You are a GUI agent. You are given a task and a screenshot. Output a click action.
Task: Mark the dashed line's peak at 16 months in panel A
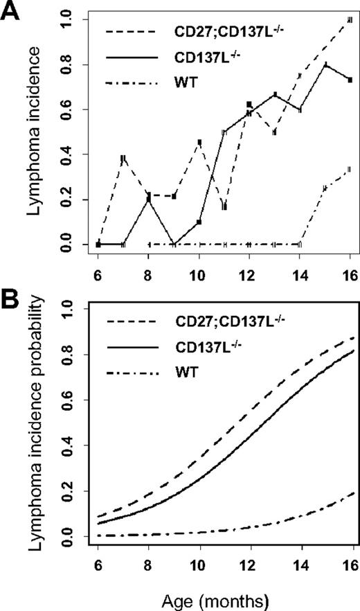[350, 19]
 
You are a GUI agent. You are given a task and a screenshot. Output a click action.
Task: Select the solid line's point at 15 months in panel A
[325, 64]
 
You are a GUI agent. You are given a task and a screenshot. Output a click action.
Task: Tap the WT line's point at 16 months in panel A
[350, 169]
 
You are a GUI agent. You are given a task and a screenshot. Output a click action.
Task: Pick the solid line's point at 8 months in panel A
[149, 199]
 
